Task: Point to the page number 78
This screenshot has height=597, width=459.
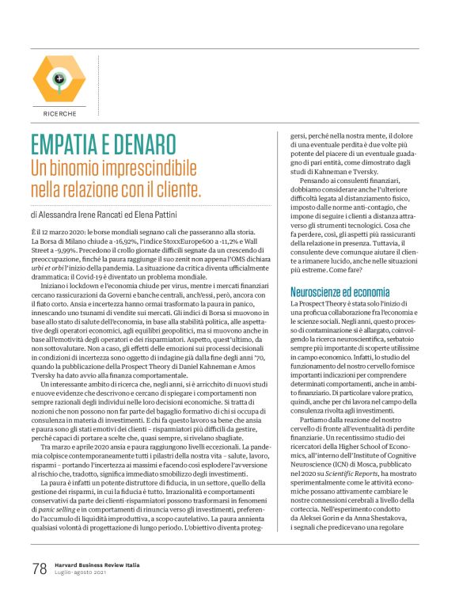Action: (x=40, y=568)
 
